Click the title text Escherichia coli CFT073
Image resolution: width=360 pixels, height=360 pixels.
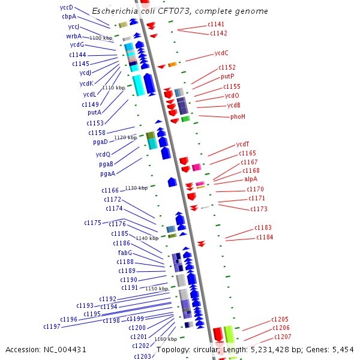point(180,11)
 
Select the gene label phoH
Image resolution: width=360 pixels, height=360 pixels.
point(238,116)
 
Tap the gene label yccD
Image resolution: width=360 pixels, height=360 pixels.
point(67,7)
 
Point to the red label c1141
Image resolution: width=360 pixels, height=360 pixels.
point(217,24)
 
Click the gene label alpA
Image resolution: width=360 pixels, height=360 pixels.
point(250,179)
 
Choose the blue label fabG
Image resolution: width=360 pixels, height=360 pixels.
point(125,253)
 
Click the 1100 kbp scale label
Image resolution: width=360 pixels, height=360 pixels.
point(100,38)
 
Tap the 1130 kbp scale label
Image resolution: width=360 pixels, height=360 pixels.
point(136,188)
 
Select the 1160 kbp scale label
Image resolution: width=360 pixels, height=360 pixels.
point(166,339)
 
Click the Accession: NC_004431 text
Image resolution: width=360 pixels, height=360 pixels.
point(46,349)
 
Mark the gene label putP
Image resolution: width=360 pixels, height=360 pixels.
point(227,76)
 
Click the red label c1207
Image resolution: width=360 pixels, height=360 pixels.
point(282,337)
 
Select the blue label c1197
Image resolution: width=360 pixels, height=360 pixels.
point(52,326)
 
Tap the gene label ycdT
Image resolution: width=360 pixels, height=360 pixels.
point(242,144)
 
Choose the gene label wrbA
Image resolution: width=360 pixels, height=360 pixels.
point(74,36)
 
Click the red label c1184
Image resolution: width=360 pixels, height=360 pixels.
point(265,237)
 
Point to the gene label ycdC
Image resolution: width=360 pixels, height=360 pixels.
point(221,53)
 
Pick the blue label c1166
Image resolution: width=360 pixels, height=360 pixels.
point(110,190)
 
